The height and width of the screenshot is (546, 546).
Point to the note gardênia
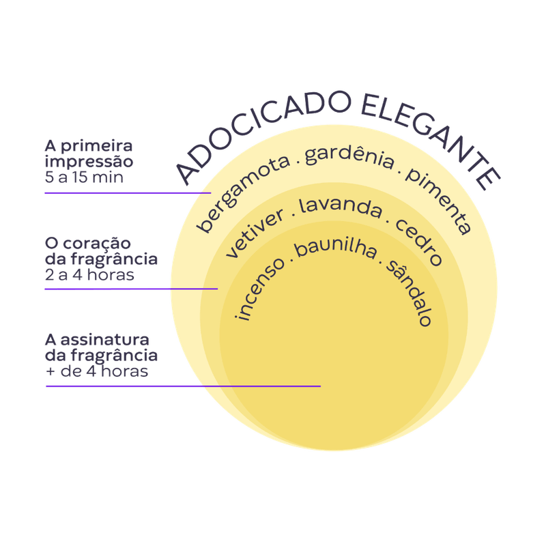(x=349, y=157)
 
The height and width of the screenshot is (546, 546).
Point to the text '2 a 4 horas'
(x=89, y=276)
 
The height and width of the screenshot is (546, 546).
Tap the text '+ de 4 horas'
(x=96, y=373)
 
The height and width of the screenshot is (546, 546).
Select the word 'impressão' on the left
(x=89, y=163)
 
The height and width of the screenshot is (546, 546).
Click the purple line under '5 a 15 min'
(x=126, y=192)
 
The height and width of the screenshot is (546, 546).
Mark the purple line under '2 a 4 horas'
(x=130, y=289)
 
